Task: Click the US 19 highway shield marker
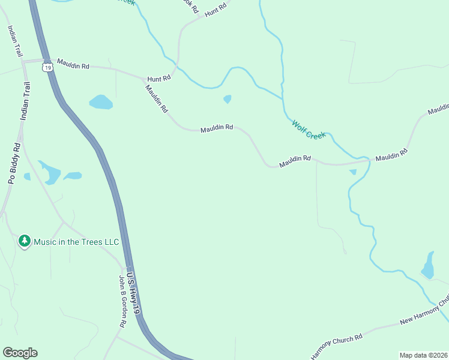(x=47, y=68)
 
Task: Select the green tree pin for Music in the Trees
(x=25, y=242)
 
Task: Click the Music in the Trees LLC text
(x=76, y=242)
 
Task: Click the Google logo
(x=20, y=353)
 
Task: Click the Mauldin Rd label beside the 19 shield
(x=73, y=64)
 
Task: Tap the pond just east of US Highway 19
(x=101, y=102)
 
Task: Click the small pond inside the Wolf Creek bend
(x=228, y=99)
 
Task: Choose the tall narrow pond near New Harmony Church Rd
(x=428, y=266)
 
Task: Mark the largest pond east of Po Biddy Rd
(x=50, y=173)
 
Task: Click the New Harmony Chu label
(x=424, y=312)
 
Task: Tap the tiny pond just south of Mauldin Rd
(x=353, y=172)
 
